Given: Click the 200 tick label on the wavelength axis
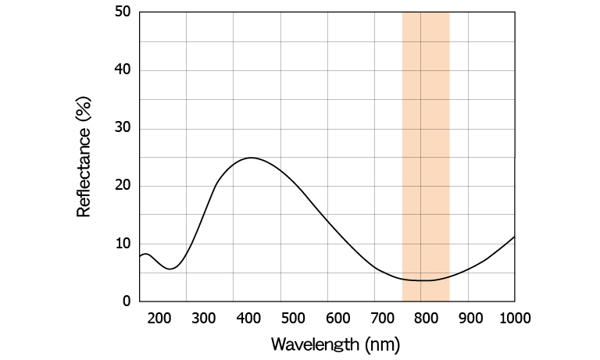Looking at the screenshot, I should (x=159, y=318).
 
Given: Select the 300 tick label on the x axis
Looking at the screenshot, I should (x=203, y=318).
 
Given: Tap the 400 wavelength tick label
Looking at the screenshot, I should (x=248, y=318).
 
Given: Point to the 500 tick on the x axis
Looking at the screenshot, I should (x=293, y=318).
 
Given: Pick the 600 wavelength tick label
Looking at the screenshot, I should (x=337, y=318).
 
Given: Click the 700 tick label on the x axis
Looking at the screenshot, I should (x=382, y=318).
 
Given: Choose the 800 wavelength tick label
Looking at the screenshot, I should (x=427, y=318).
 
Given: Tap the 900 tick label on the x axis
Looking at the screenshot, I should (x=471, y=318).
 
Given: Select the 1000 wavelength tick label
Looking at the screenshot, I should (x=513, y=318).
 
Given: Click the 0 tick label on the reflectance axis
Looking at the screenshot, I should (x=126, y=301).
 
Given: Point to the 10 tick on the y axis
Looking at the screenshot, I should (x=122, y=244).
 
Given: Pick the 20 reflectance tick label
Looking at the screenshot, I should (x=122, y=186).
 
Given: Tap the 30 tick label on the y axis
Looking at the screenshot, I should (x=122, y=128).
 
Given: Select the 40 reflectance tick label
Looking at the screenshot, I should (x=122, y=70).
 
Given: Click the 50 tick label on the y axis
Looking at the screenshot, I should (x=122, y=12).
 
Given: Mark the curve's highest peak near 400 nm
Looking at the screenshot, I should (x=250, y=158).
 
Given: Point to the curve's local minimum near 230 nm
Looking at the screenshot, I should (x=171, y=269).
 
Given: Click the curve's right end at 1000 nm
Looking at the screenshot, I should (x=514, y=236).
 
